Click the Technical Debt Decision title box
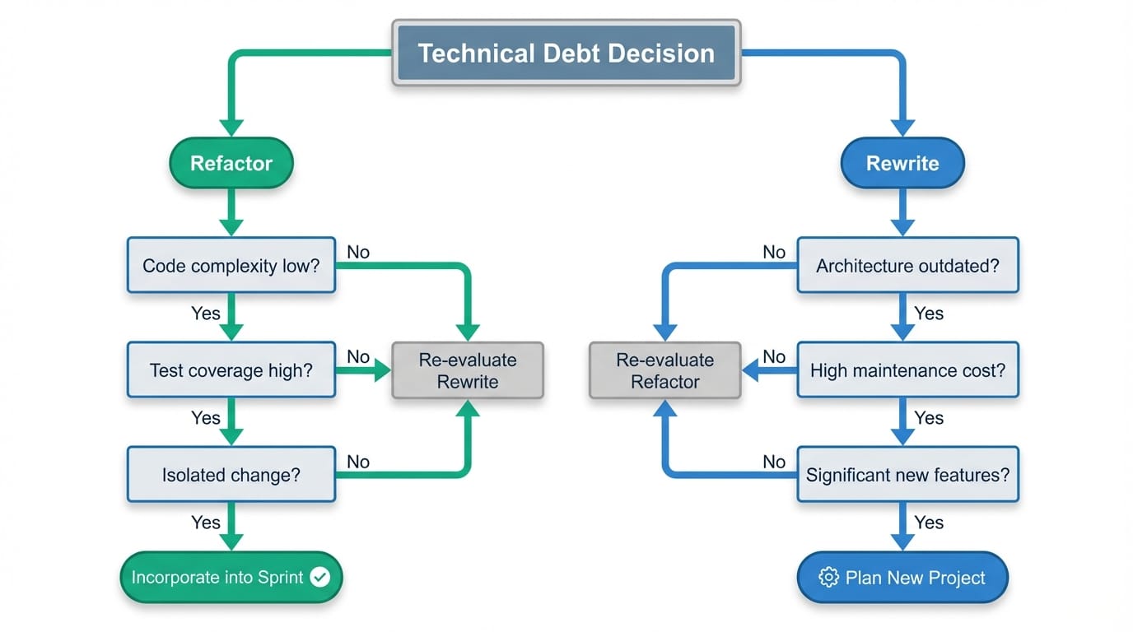(x=566, y=53)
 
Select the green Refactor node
(x=231, y=163)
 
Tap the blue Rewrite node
(x=902, y=163)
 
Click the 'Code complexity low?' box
(x=231, y=266)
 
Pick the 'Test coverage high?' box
(x=231, y=370)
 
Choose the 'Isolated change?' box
(x=231, y=475)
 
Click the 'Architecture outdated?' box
(x=907, y=266)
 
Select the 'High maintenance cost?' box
(x=907, y=370)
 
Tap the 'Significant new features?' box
(x=907, y=475)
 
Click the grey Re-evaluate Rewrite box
(x=468, y=370)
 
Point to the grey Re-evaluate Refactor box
(x=665, y=370)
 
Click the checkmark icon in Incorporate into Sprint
(x=319, y=578)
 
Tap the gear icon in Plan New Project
(x=828, y=578)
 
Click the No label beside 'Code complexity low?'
(x=358, y=252)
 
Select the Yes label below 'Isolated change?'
(x=206, y=523)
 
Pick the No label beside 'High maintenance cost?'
(x=774, y=356)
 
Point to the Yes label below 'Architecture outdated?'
(x=929, y=314)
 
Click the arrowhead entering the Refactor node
(x=231, y=127)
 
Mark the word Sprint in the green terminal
(x=281, y=578)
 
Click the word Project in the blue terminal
(x=954, y=578)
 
